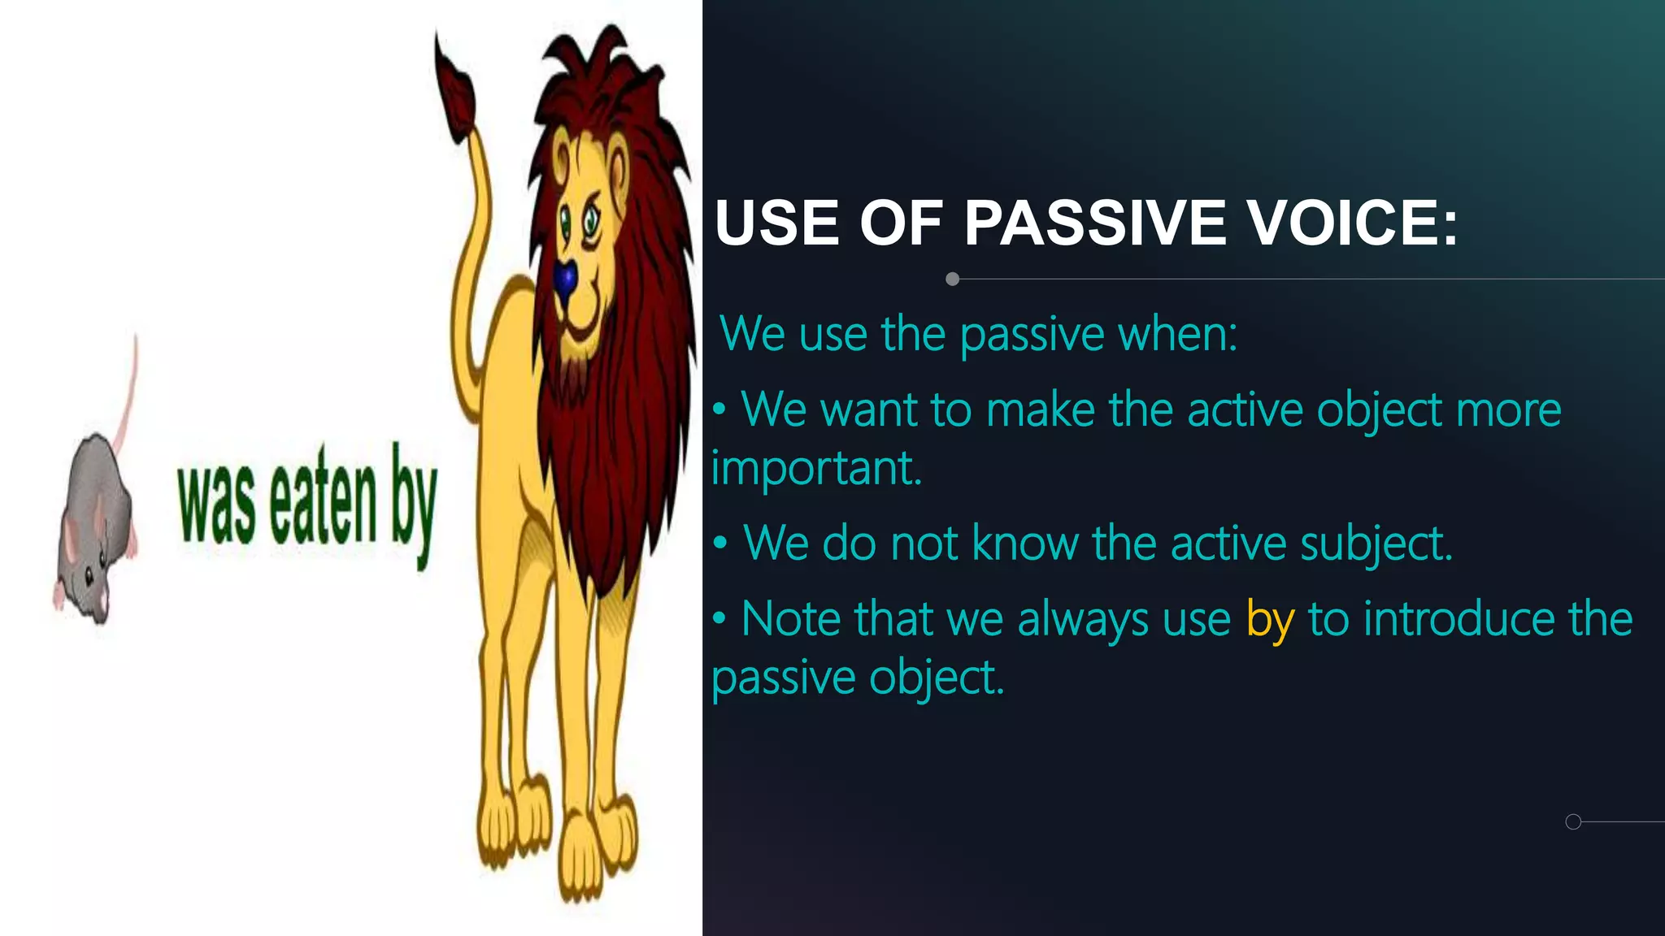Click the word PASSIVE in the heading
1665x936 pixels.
pos(1095,223)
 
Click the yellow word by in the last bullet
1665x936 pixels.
pos(1269,620)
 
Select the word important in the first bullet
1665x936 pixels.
pos(816,469)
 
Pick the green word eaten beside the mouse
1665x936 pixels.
pos(323,504)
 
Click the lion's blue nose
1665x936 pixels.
pos(566,280)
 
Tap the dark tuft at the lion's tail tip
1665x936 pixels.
pos(455,89)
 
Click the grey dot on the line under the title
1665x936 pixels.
pos(953,279)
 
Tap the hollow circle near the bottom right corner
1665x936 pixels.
pos(1573,821)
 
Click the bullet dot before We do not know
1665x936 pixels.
pos(719,544)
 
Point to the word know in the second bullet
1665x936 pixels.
pos(1025,544)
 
